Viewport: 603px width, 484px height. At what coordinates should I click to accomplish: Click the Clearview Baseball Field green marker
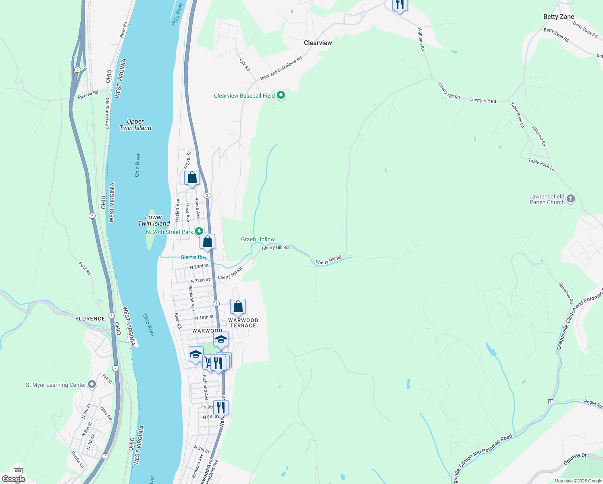[x=281, y=96]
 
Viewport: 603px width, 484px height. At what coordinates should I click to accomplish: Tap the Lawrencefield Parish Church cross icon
[x=570, y=199]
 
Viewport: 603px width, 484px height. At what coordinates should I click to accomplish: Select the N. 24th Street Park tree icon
[x=199, y=232]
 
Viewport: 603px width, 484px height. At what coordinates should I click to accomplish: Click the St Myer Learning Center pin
[x=92, y=384]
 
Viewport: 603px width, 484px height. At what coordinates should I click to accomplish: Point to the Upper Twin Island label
[x=135, y=125]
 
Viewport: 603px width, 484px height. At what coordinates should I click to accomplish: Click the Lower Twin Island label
[x=154, y=220]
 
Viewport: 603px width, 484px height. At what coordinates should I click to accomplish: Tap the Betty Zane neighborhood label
[x=558, y=17]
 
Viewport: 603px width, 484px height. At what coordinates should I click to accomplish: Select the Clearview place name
[x=318, y=43]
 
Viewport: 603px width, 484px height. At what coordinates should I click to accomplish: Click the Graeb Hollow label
[x=258, y=239]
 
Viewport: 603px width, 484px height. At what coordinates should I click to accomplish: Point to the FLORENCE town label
[x=90, y=319]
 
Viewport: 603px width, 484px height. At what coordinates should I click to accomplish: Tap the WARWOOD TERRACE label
[x=243, y=323]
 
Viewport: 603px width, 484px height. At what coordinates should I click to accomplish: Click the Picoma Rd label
[x=88, y=95]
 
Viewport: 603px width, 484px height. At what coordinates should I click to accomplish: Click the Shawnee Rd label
[x=566, y=293]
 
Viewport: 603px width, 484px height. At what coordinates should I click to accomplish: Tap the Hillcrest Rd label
[x=539, y=136]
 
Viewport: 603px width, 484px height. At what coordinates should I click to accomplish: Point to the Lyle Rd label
[x=245, y=65]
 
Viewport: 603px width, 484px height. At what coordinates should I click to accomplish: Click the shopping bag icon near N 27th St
[x=192, y=178]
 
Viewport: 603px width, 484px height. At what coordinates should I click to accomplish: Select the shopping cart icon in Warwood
[x=208, y=362]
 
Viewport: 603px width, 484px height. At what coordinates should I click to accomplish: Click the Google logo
[x=13, y=479]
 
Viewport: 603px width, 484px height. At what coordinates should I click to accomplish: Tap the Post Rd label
[x=85, y=268]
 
